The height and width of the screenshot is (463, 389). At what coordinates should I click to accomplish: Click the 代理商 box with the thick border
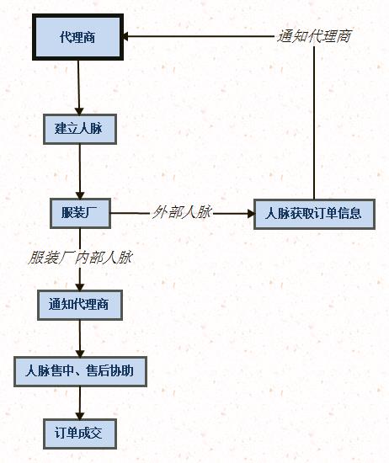(x=77, y=37)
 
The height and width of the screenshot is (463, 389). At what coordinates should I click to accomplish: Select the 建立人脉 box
(x=80, y=129)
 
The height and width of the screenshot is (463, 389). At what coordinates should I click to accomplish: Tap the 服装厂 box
(x=80, y=213)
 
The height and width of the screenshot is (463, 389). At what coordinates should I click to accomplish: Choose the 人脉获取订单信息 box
(x=314, y=214)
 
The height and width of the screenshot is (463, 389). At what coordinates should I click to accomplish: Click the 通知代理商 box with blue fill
(x=80, y=305)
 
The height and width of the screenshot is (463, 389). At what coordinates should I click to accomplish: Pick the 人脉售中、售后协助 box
(x=80, y=371)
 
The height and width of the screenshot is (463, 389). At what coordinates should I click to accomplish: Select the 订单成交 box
(x=80, y=434)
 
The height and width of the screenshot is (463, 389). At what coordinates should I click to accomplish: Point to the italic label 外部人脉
(x=182, y=212)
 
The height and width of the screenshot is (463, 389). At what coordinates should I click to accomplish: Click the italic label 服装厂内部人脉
(x=80, y=258)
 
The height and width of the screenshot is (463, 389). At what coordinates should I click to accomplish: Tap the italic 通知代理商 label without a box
(x=314, y=36)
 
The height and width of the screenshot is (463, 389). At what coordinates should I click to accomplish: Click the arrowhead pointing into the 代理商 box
(x=125, y=36)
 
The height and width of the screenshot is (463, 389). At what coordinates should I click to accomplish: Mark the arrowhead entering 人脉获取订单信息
(x=251, y=214)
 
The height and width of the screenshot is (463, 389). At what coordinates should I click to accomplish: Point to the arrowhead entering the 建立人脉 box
(x=79, y=111)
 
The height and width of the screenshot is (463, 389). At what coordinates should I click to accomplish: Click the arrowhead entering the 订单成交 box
(x=80, y=416)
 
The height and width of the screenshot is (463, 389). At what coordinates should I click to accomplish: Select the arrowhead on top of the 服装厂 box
(x=80, y=195)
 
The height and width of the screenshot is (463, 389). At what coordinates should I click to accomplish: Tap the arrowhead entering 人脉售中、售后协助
(x=80, y=354)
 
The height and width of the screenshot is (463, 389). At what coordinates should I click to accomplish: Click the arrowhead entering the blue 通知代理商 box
(x=80, y=287)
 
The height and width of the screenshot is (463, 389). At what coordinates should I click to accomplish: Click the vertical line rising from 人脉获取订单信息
(x=314, y=123)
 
